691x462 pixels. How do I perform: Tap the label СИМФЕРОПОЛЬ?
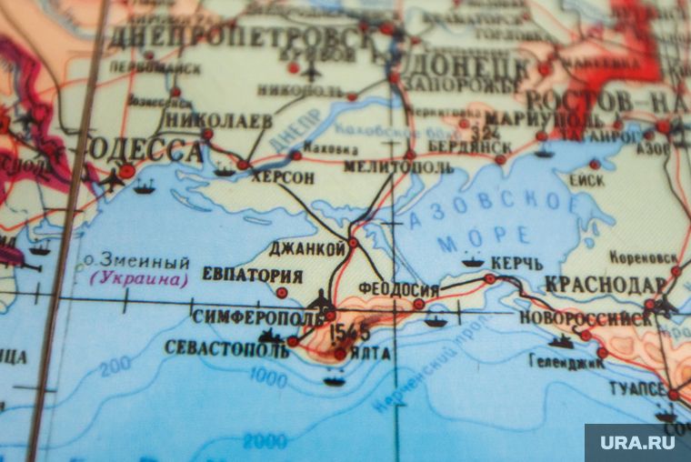(x=258, y=317)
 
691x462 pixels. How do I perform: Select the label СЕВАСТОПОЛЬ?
(x=223, y=347)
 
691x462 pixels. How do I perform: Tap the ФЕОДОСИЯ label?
(x=398, y=289)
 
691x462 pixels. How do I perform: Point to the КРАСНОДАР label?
(x=607, y=284)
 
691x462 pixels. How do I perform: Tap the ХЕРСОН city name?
(x=283, y=178)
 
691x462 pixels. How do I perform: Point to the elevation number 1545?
(x=349, y=332)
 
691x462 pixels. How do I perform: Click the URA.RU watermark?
(x=636, y=442)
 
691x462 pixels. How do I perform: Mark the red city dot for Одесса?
(x=126, y=170)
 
